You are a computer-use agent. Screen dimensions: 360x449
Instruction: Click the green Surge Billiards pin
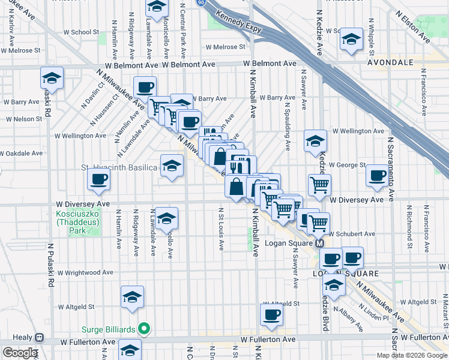point(143,329)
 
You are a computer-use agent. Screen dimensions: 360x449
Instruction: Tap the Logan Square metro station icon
point(320,244)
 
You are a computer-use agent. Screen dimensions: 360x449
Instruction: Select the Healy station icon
point(40,337)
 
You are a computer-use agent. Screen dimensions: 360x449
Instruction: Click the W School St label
point(72,32)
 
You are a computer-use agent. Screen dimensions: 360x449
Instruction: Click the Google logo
point(20,353)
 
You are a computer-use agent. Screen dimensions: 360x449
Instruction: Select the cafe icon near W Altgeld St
point(271,314)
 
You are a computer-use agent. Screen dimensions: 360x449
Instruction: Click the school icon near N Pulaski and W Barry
point(52,78)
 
